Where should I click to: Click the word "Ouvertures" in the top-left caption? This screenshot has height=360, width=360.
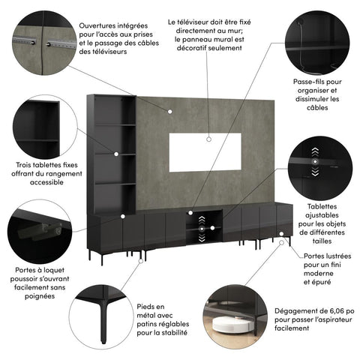(x=103, y=25)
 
